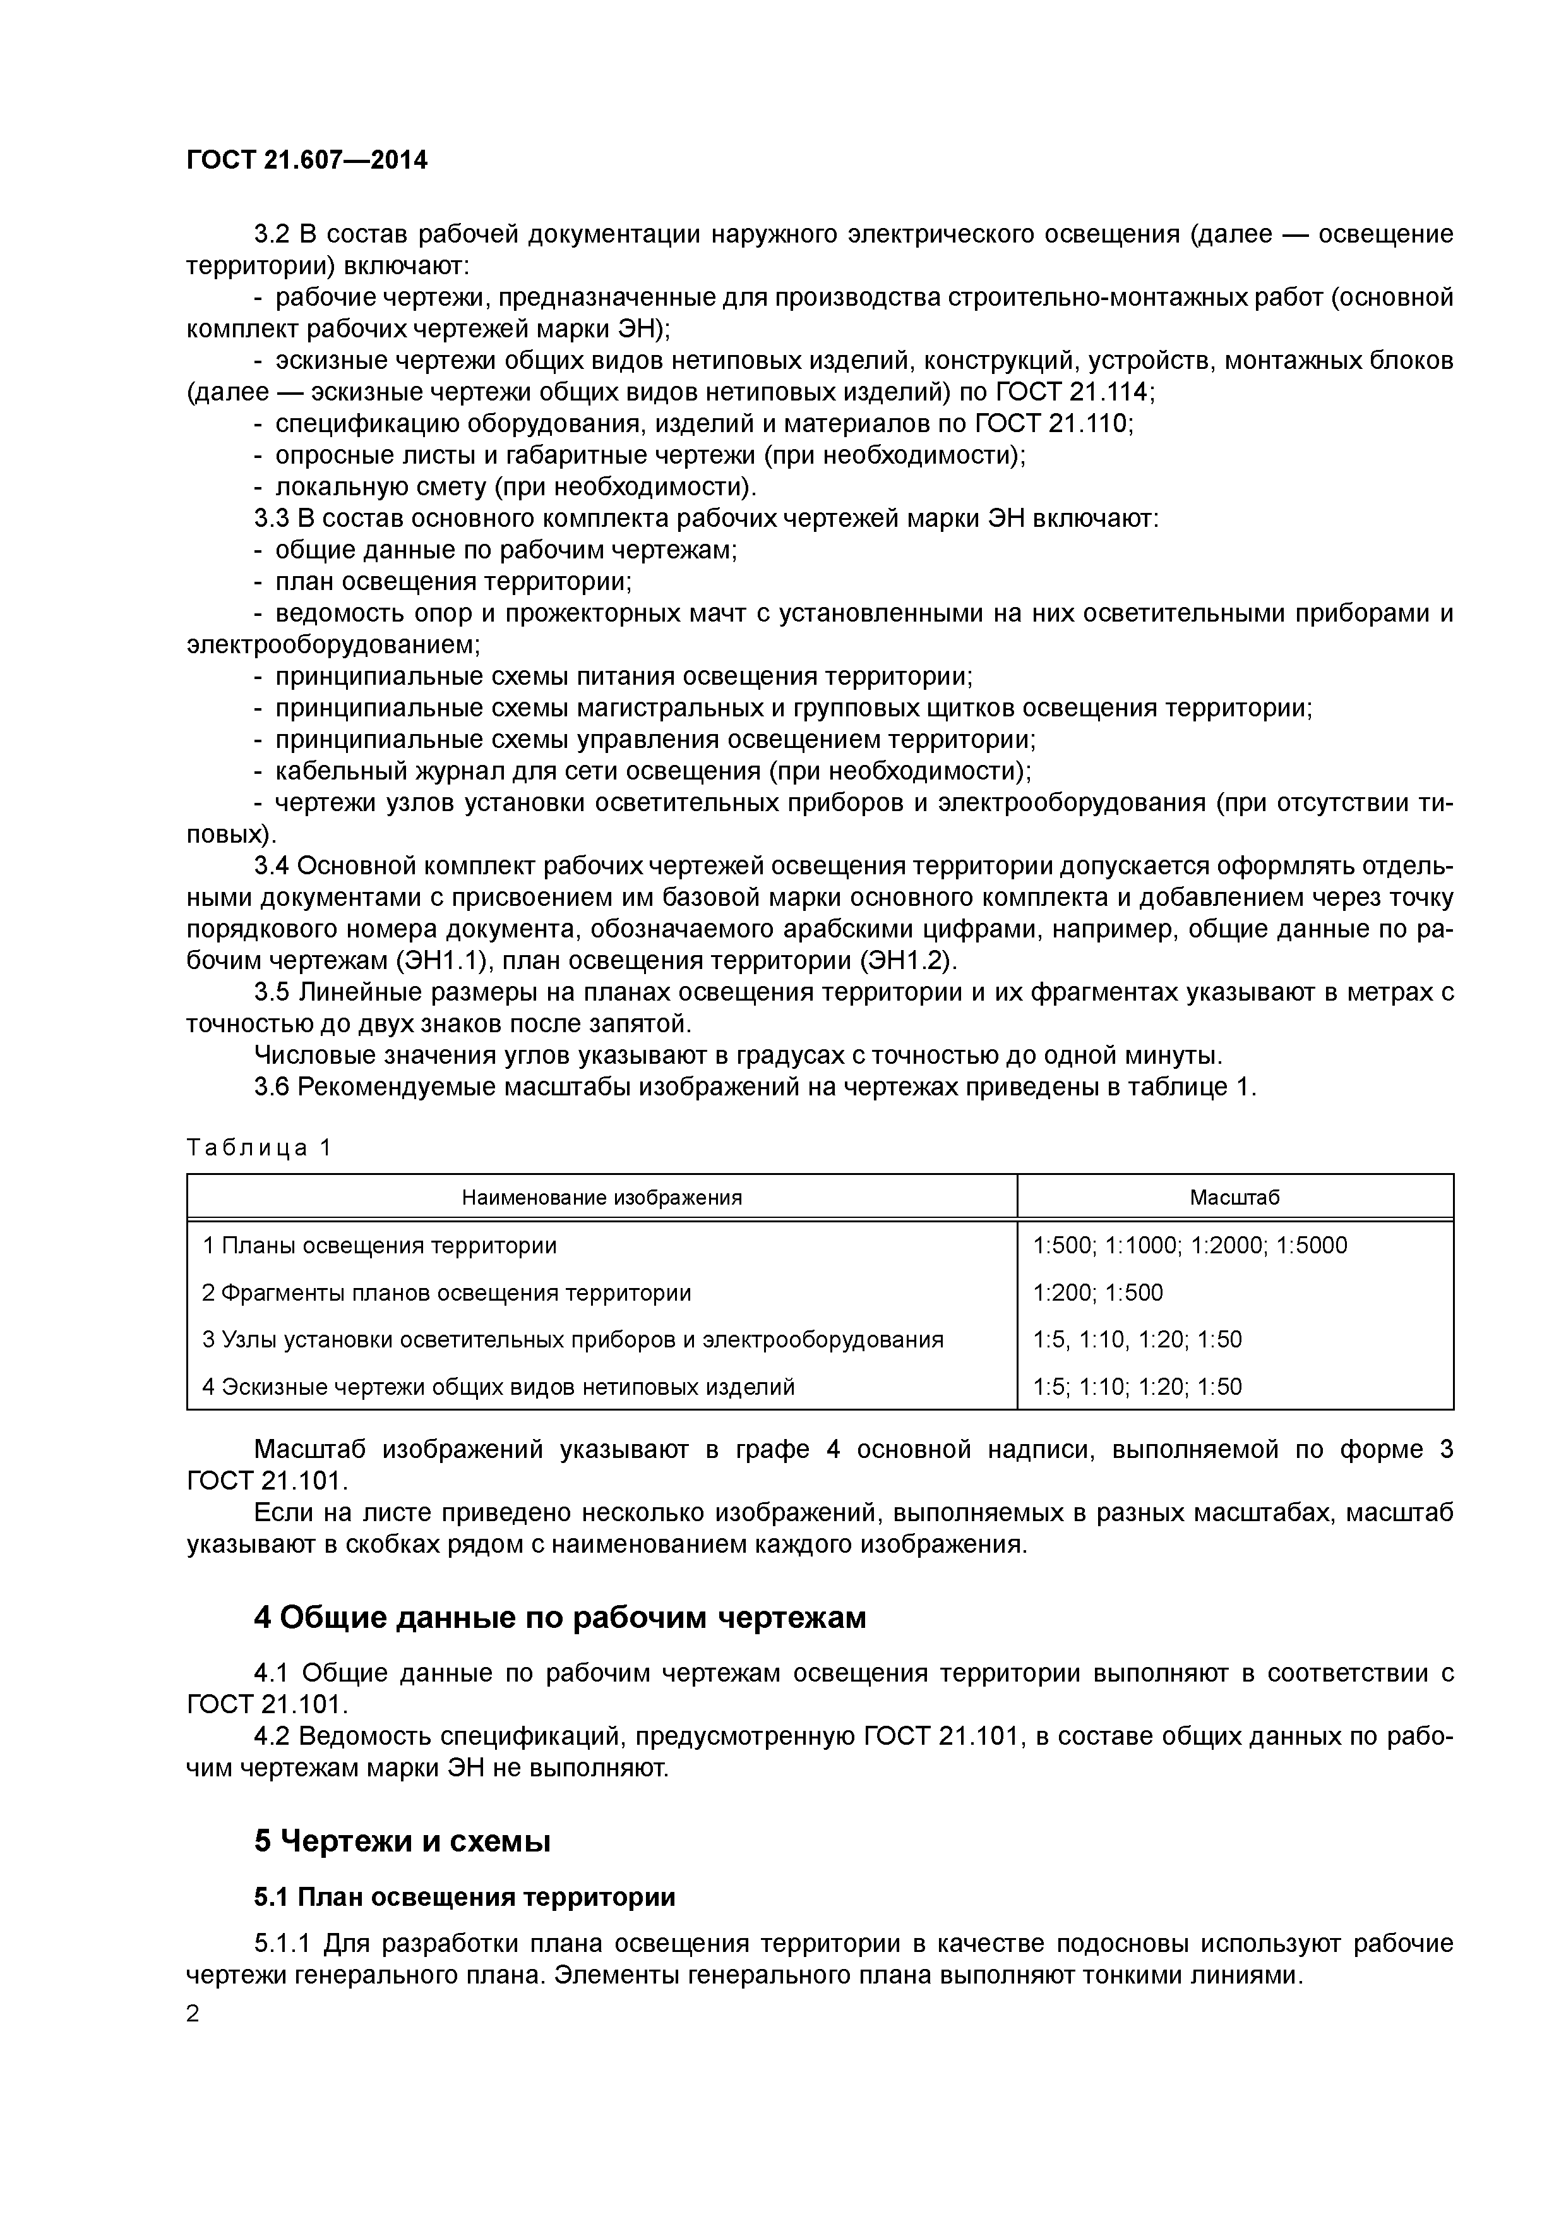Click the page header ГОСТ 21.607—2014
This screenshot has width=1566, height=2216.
(307, 160)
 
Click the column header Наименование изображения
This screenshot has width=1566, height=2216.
(601, 1198)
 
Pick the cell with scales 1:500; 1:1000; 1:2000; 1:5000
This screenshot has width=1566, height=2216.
(1190, 1245)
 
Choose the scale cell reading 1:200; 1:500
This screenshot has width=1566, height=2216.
(1098, 1292)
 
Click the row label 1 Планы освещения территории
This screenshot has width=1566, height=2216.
(380, 1245)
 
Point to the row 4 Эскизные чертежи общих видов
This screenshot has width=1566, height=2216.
(498, 1387)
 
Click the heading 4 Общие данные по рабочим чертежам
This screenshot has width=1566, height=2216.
(559, 1618)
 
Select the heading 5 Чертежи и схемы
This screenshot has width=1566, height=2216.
(402, 1841)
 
